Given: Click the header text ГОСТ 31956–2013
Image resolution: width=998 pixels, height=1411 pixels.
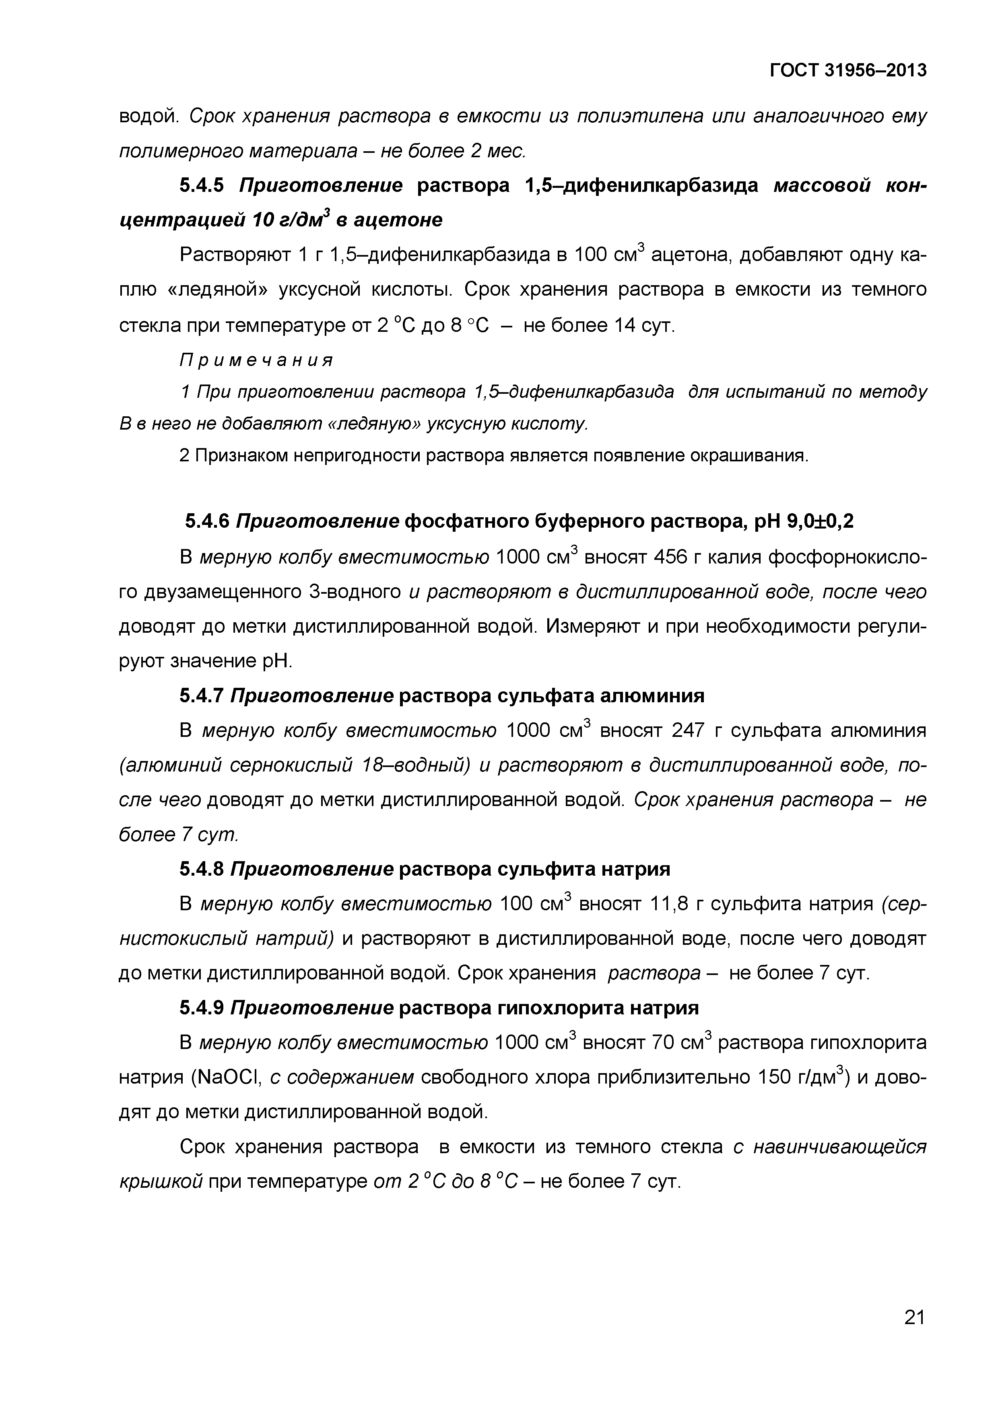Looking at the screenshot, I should click(x=848, y=71).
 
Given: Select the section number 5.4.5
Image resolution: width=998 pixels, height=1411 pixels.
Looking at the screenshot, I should click(x=202, y=185).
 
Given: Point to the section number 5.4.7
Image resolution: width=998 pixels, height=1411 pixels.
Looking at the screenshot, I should click(x=202, y=696).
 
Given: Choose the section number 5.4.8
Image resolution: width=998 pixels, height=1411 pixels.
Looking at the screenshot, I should click(x=202, y=869).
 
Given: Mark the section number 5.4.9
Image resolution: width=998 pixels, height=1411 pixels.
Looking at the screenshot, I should click(x=202, y=1008).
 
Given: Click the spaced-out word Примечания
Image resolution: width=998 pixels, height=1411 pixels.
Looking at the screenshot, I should click(x=256, y=360).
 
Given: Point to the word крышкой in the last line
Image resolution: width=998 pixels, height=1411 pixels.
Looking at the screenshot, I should click(x=161, y=1181).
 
